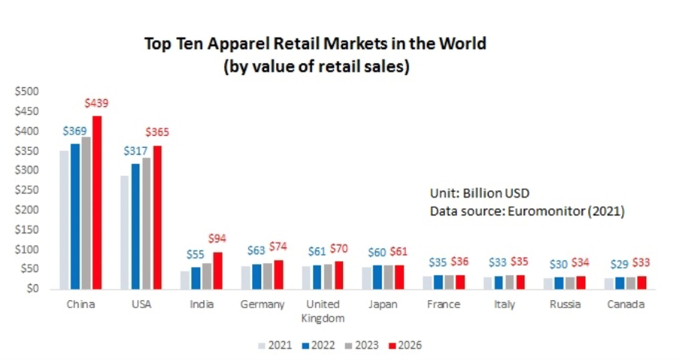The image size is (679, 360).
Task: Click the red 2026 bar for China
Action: pos(97,203)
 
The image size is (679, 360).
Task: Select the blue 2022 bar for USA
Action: pos(135,226)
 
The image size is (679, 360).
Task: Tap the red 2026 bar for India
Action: pos(217,271)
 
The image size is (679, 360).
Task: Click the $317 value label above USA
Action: pos(135,151)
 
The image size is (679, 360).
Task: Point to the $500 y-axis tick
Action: pos(28,92)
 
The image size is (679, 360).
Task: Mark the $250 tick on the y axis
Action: pos(28,190)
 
